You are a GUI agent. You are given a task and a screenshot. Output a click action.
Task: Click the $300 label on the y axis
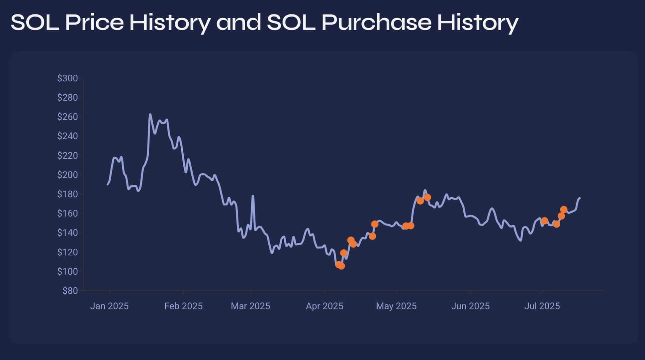click(67, 78)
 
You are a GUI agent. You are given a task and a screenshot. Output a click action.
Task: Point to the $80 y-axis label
click(70, 291)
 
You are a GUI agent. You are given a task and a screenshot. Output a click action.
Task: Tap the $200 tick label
click(67, 175)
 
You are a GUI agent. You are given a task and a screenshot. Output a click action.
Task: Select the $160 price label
click(67, 214)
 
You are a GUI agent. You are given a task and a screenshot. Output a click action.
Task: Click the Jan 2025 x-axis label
click(109, 306)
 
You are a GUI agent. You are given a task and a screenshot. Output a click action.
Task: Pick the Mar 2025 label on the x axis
click(250, 306)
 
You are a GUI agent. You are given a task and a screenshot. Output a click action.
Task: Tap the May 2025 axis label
click(396, 306)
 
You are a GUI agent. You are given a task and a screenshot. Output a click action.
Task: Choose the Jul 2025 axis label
click(542, 306)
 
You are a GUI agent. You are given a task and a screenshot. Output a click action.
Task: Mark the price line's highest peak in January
click(150, 115)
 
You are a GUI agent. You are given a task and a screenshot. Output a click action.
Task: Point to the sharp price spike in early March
click(253, 196)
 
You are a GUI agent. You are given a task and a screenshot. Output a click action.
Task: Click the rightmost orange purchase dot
click(564, 210)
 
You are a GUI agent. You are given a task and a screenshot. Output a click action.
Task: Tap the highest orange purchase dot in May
click(427, 197)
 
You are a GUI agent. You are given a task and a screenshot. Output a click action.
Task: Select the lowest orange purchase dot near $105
click(341, 266)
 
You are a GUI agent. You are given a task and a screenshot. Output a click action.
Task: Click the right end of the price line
click(580, 198)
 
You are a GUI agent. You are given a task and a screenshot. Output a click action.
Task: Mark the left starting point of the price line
click(107, 184)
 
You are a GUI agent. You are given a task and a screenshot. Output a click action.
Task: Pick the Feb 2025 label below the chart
click(183, 306)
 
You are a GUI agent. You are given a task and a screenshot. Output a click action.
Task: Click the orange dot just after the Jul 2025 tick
click(544, 221)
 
